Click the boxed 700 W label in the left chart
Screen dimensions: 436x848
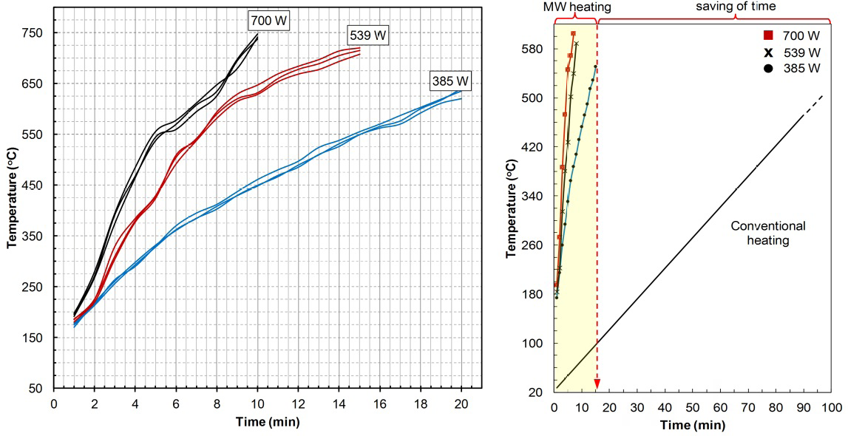point(269,21)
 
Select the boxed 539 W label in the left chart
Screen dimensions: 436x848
point(367,35)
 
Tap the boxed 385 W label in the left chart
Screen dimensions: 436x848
point(450,81)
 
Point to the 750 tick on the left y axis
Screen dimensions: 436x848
point(34,33)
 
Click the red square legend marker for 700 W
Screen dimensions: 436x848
point(769,35)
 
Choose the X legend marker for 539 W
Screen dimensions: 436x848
point(769,52)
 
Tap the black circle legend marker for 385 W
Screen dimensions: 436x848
point(769,68)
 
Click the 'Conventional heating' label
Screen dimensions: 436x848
point(768,233)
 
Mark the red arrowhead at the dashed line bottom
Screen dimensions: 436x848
point(597,383)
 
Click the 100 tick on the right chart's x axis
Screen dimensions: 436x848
point(831,407)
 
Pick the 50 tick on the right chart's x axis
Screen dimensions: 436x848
point(693,407)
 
